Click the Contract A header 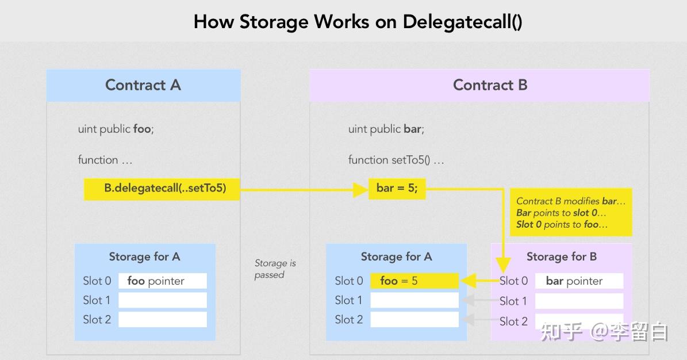(x=143, y=85)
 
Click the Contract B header (x=490, y=85)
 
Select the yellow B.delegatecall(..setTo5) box (x=162, y=189)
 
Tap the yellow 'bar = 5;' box (x=397, y=189)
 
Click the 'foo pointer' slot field (x=163, y=281)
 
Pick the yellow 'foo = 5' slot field (x=414, y=281)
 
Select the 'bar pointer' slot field (x=579, y=281)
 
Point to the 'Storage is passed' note (x=275, y=269)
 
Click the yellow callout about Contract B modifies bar (x=570, y=213)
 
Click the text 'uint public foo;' (x=116, y=129)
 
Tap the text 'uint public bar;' (x=386, y=129)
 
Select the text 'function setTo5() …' (x=396, y=160)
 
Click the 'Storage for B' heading (x=561, y=256)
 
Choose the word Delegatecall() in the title (x=462, y=22)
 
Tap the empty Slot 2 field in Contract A (x=163, y=319)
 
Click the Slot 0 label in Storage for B (x=513, y=281)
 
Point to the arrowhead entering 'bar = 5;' (x=360, y=189)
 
